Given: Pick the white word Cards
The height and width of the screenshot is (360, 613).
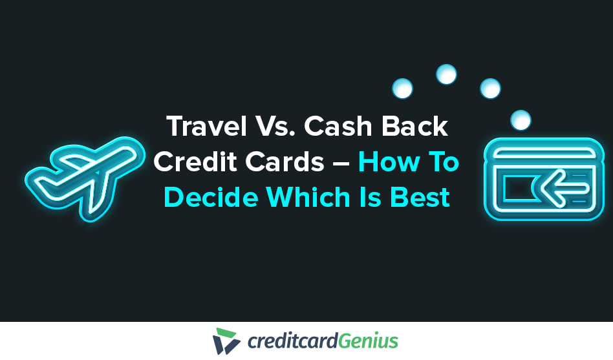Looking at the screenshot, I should click(x=284, y=162).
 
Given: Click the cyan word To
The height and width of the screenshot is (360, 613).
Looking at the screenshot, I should click(x=442, y=162).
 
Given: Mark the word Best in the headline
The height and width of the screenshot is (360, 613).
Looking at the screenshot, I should click(x=418, y=196).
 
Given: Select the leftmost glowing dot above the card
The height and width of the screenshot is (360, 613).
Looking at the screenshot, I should click(x=402, y=89).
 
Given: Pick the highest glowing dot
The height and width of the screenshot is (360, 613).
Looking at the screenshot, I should click(x=446, y=74).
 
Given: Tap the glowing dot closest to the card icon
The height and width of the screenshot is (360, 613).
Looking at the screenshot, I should click(x=521, y=120).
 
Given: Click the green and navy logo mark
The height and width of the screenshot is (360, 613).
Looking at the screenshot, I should click(x=226, y=341).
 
